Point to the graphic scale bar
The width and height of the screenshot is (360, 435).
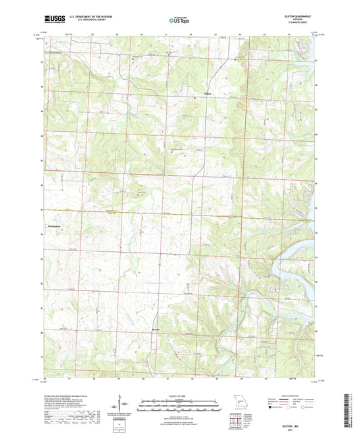click(x=179, y=407)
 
